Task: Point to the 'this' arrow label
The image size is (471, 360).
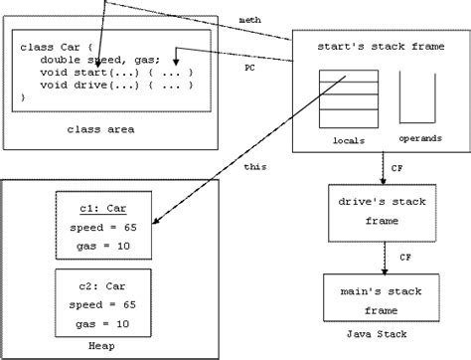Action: [x=254, y=166]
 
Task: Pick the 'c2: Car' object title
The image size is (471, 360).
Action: [x=104, y=285]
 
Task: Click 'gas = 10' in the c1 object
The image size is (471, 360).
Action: [x=104, y=242]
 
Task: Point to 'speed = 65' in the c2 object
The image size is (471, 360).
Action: [x=104, y=303]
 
